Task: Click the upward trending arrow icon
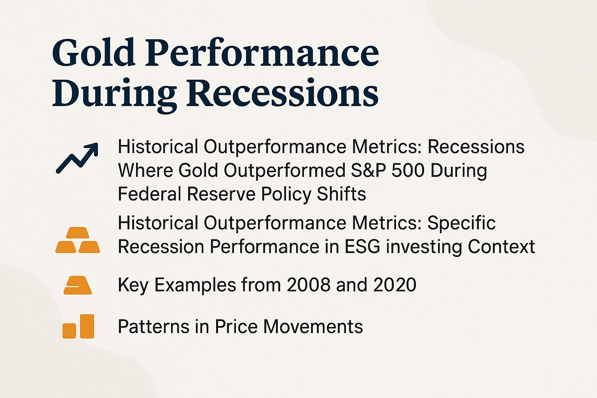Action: coord(77,158)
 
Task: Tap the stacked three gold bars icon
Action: coord(78,240)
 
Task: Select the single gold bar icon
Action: coord(78,285)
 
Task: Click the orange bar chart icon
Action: coord(78,326)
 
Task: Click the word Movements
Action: coord(313,326)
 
